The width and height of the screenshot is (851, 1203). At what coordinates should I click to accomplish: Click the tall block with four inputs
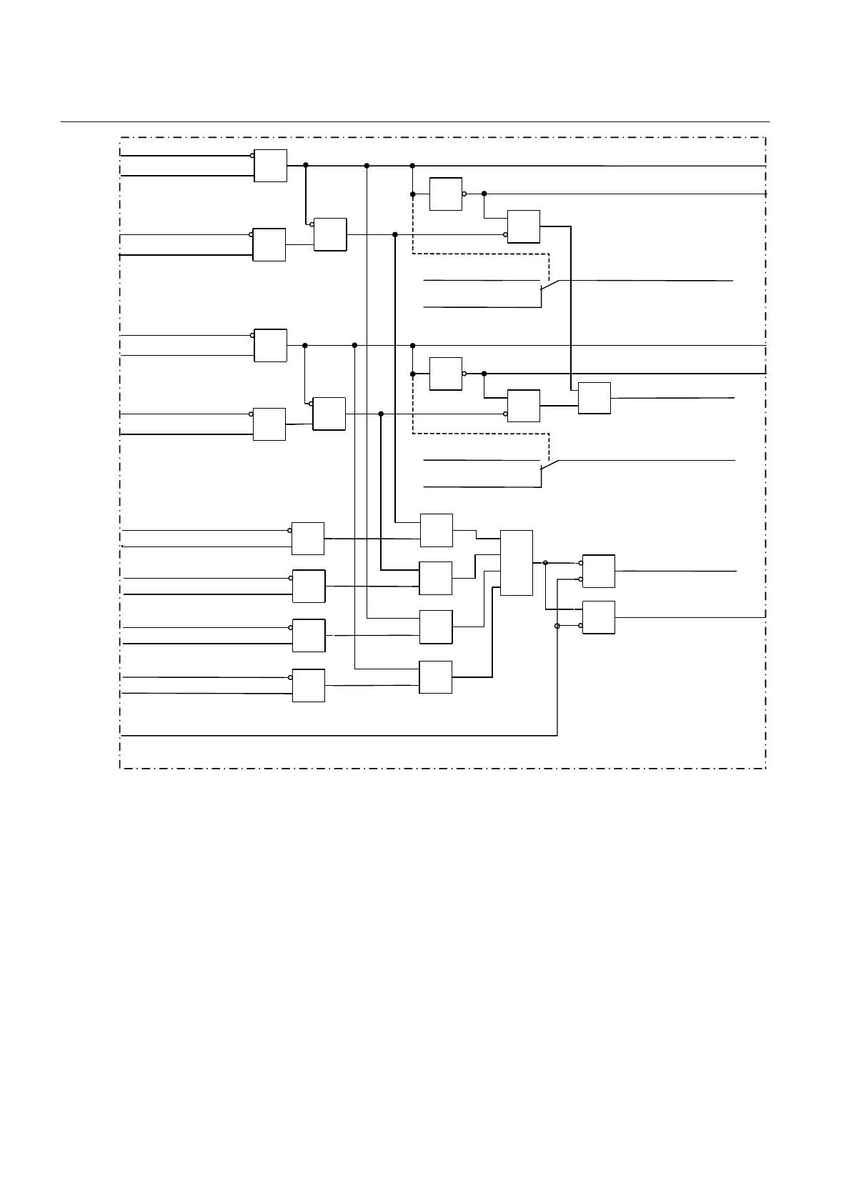[517, 562]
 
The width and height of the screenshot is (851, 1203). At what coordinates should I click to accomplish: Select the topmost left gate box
[270, 166]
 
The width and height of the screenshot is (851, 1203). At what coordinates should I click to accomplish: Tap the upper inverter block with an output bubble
[446, 194]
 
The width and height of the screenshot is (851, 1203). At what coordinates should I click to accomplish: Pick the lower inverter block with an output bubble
[446, 373]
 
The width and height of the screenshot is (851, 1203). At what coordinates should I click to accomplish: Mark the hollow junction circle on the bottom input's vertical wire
[557, 626]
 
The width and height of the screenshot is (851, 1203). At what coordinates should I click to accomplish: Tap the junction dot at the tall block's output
[545, 563]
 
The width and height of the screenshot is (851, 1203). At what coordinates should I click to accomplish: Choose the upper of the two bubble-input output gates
[599, 571]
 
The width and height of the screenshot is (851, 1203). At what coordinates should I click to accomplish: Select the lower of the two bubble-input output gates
[599, 617]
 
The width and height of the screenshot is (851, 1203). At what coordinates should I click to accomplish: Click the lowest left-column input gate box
[309, 685]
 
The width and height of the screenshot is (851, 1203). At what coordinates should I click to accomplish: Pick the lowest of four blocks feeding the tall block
[435, 677]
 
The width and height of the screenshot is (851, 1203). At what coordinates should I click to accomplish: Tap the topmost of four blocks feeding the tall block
[436, 529]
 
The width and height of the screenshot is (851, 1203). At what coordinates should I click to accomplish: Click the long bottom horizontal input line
[336, 734]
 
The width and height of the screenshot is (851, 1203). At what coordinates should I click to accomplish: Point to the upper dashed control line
[479, 253]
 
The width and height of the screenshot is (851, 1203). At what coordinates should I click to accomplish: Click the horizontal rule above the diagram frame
[414, 122]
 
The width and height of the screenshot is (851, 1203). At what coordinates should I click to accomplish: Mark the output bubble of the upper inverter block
[464, 194]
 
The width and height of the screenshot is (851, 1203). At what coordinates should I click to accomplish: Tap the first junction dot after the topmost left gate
[306, 165]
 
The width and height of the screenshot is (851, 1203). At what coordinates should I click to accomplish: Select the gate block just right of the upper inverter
[524, 226]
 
